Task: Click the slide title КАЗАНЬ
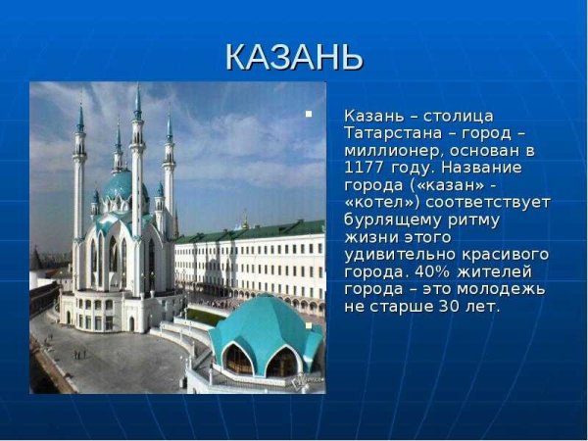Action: point(294,57)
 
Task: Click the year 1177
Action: point(363,168)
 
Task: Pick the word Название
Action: point(484,168)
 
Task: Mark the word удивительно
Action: point(399,254)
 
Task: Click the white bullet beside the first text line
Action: point(310,115)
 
